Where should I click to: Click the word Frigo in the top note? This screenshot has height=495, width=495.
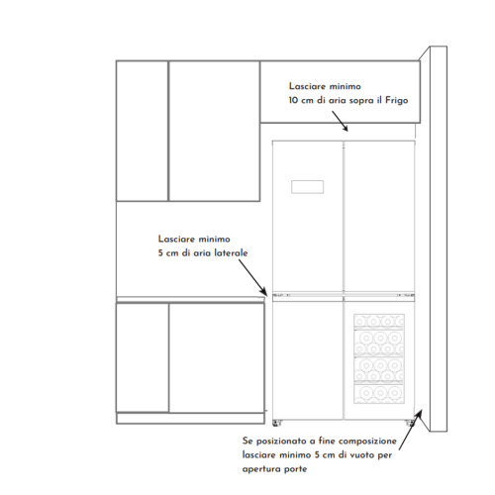tap(397, 100)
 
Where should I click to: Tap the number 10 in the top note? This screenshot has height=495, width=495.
tap(293, 100)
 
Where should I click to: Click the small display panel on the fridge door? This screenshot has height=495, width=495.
tap(307, 187)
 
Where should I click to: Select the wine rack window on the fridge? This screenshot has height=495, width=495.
tap(379, 358)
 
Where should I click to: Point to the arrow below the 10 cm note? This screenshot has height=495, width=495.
tap(340, 121)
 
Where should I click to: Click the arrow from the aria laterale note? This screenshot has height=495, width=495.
tap(252, 277)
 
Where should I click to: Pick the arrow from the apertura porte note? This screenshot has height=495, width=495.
tap(410, 430)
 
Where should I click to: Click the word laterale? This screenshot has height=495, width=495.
tap(231, 253)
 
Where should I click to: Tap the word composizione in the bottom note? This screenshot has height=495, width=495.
tap(367, 442)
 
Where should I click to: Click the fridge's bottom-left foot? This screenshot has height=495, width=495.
tap(276, 423)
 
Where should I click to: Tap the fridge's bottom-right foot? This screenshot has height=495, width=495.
tap(409, 423)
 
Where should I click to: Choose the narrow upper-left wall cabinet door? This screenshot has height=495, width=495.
tap(143, 131)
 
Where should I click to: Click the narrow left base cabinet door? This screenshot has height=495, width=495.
tap(143, 357)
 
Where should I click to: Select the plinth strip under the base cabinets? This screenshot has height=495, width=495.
tap(190, 419)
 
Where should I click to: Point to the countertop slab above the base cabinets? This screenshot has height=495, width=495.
tap(191, 299)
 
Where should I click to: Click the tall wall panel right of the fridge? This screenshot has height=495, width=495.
tap(439, 239)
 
